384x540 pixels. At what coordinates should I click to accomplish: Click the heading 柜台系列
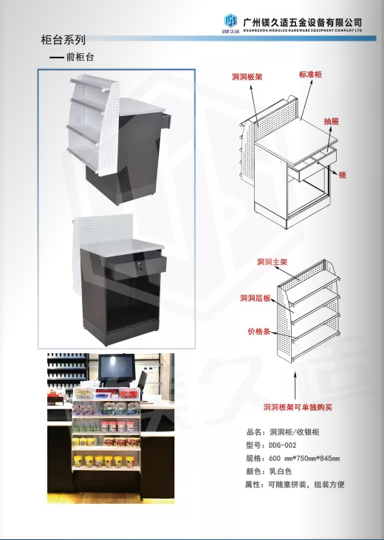(x=63, y=40)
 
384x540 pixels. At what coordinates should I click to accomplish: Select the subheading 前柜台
(x=80, y=57)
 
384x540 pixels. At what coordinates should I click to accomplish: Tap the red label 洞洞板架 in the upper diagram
(x=247, y=77)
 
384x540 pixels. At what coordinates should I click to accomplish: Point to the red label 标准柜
(x=310, y=75)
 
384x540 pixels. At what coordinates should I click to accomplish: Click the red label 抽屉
(x=332, y=121)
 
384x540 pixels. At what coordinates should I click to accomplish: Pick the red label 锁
(x=342, y=175)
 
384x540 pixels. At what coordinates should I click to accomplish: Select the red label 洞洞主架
(x=272, y=262)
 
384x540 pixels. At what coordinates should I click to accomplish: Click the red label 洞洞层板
(x=256, y=298)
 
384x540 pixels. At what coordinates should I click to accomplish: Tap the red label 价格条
(x=259, y=332)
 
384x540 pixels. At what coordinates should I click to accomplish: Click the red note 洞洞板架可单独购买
(x=298, y=408)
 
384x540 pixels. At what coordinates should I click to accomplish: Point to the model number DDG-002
(x=282, y=445)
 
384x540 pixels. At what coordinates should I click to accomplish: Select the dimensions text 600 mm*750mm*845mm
(x=304, y=459)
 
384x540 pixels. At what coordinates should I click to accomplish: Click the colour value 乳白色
(x=281, y=471)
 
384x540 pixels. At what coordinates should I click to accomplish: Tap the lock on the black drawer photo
(x=140, y=265)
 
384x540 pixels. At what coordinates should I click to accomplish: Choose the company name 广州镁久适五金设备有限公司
(x=303, y=23)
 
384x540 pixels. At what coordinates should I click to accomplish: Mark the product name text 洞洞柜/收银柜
(x=295, y=432)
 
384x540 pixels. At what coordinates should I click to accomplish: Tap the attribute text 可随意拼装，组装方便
(x=306, y=485)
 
